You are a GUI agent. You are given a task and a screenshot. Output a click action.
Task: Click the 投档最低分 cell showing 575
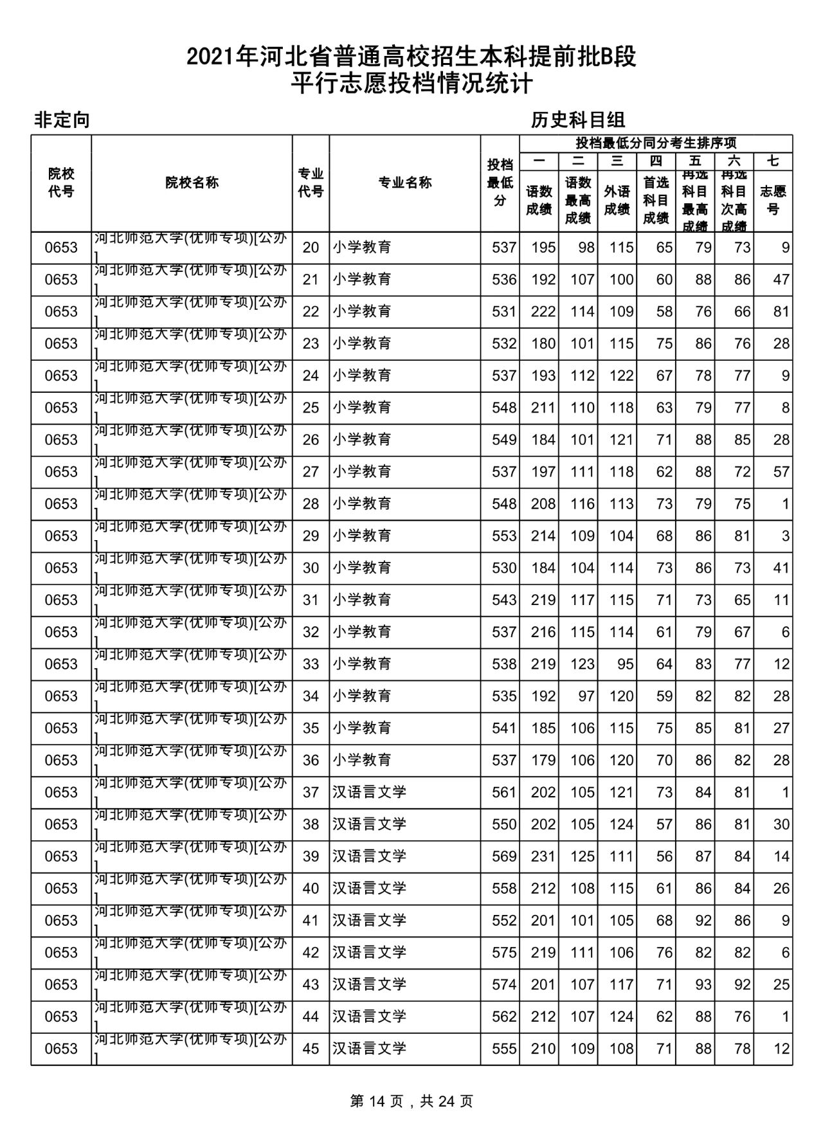click(503, 952)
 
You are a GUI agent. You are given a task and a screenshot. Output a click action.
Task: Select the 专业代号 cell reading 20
click(311, 248)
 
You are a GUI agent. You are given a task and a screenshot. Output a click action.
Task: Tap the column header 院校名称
click(192, 183)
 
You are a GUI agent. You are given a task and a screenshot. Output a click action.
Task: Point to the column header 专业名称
click(404, 183)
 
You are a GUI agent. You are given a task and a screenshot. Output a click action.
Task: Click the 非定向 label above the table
click(62, 120)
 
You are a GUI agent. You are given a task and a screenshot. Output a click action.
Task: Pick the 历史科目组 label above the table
click(578, 120)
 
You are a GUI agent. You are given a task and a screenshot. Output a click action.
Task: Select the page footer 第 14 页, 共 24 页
click(411, 1101)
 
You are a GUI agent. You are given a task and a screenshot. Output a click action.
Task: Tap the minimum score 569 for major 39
click(503, 856)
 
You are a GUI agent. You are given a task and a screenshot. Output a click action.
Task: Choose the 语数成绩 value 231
click(543, 856)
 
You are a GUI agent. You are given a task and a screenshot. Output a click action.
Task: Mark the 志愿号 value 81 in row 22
click(781, 311)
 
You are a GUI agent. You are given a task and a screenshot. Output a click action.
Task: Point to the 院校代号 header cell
click(61, 183)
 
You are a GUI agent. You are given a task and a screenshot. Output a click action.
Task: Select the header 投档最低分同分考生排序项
click(656, 143)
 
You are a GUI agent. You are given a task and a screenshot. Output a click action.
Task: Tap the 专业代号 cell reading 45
click(311, 1049)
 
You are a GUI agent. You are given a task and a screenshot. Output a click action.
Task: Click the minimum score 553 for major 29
click(503, 536)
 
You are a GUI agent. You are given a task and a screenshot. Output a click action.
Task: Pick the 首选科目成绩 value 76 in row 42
click(664, 952)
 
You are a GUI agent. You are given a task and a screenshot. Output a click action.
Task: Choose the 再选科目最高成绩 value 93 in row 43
click(703, 984)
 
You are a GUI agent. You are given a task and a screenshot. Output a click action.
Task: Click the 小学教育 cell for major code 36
click(362, 760)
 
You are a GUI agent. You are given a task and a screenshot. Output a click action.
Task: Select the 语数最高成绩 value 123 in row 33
click(582, 664)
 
